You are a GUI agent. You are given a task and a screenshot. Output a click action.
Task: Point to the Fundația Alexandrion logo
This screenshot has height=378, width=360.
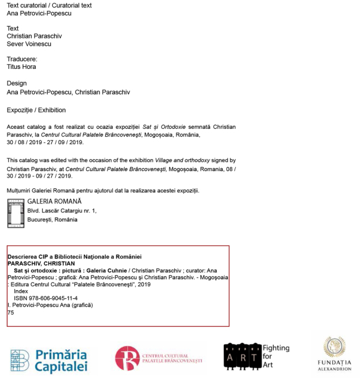(x=334, y=355)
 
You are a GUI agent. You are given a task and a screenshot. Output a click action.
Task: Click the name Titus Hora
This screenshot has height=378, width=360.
(x=21, y=67)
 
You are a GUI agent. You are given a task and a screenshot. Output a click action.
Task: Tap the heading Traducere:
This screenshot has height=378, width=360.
(x=22, y=59)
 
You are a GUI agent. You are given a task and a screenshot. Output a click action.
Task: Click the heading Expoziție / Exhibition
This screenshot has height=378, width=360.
(x=36, y=110)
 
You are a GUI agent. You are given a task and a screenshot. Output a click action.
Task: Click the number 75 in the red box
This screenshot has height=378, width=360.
(x=10, y=313)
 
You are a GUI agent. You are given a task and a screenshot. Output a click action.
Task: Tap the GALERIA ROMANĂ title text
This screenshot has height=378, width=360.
(x=55, y=202)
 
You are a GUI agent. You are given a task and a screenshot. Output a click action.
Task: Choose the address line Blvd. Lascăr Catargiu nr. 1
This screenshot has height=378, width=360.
(x=62, y=211)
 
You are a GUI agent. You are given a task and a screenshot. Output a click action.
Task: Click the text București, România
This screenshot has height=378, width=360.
(x=52, y=219)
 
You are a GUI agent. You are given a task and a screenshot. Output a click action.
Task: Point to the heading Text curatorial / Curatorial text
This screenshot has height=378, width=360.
(x=49, y=5)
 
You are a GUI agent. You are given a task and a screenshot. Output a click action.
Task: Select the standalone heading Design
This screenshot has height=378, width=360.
(x=17, y=83)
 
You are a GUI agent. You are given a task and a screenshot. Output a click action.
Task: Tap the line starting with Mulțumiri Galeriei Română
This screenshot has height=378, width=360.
(x=103, y=190)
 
